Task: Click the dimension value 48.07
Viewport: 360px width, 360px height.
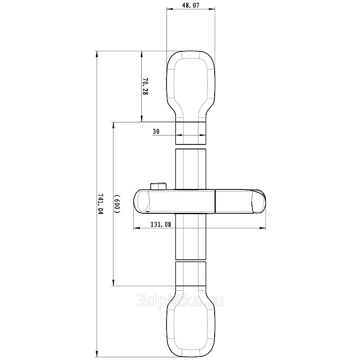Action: [190, 5]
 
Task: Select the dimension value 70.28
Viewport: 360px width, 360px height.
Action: [145, 86]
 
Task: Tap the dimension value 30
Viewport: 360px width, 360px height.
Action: [156, 131]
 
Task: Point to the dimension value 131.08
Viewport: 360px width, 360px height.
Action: [161, 224]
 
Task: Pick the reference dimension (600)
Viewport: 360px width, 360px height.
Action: [117, 204]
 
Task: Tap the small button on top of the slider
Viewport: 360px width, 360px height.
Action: [158, 186]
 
